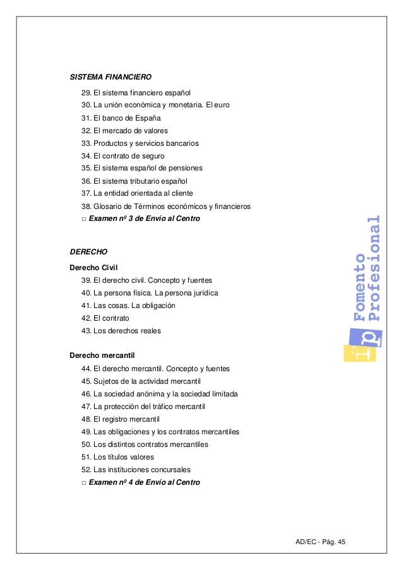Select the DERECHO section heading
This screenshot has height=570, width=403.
(x=88, y=251)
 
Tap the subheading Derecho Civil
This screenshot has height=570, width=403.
(x=94, y=267)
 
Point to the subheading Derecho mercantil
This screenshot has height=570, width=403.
(x=102, y=355)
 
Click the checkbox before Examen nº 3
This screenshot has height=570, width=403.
(x=84, y=219)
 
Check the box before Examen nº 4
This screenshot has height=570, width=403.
(x=84, y=483)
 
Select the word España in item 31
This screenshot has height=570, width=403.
(x=148, y=118)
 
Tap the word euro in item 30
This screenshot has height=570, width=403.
(x=221, y=105)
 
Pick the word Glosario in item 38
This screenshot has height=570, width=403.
(x=108, y=206)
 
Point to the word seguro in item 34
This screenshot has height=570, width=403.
(x=153, y=156)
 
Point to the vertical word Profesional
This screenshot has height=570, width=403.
(x=375, y=268)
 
